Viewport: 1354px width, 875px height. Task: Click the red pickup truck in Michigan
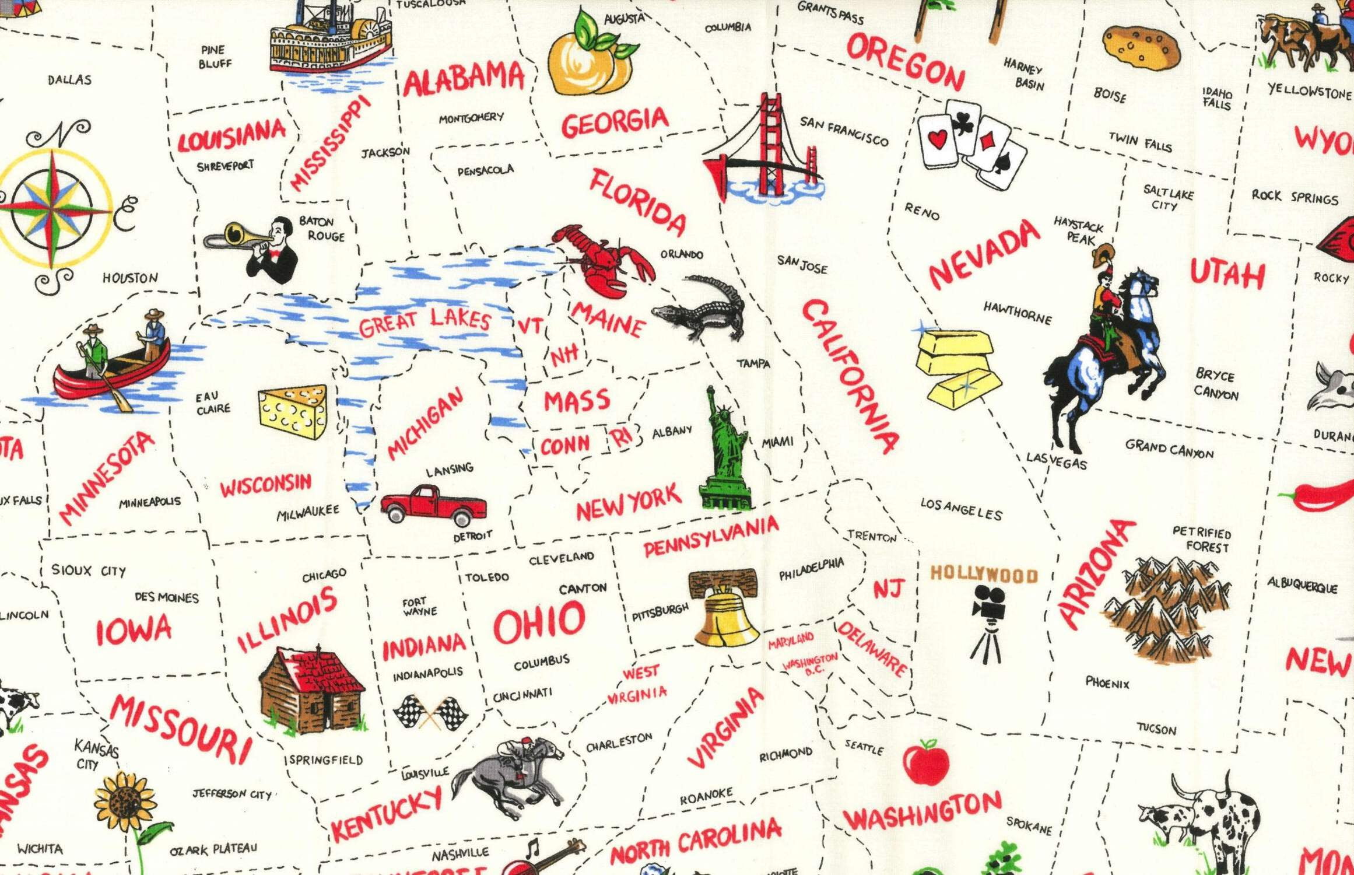pos(434,505)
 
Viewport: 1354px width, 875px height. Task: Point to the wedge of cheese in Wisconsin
pos(293,411)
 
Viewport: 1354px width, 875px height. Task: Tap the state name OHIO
pos(539,624)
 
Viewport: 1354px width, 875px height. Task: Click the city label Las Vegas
pos(1056,460)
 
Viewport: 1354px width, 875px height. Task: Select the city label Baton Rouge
pos(321,229)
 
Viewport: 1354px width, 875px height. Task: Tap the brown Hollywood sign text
pos(984,575)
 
